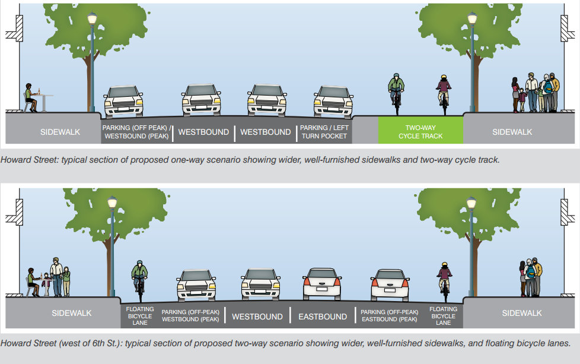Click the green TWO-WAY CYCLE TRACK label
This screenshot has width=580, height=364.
(420, 132)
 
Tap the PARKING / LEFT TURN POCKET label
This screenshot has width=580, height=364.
(324, 132)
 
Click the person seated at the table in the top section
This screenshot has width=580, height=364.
(30, 98)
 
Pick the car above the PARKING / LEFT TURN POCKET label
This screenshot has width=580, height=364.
(333, 101)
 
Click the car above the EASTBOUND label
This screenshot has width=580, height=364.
(322, 284)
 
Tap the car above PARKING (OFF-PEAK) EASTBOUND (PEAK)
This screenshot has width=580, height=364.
(390, 284)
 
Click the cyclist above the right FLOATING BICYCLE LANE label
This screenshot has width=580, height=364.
(444, 279)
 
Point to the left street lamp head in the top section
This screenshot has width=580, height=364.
(93, 19)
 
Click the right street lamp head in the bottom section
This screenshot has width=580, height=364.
(471, 203)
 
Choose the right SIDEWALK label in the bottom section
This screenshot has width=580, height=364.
(522, 313)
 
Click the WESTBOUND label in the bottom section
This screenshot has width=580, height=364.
(257, 316)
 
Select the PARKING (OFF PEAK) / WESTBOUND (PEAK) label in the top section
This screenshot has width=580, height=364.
(136, 132)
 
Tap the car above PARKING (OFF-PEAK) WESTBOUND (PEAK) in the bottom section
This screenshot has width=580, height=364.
(196, 284)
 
